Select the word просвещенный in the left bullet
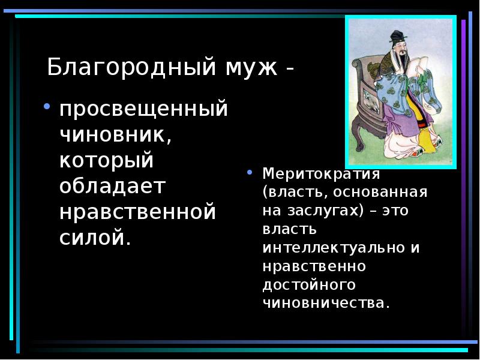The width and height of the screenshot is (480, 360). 143,110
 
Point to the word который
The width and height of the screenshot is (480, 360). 107,161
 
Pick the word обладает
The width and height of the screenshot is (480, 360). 112,187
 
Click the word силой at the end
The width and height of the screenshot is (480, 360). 93,237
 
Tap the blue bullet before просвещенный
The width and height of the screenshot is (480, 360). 46,108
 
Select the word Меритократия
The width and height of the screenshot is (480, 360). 321,175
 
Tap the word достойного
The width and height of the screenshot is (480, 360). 309,284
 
